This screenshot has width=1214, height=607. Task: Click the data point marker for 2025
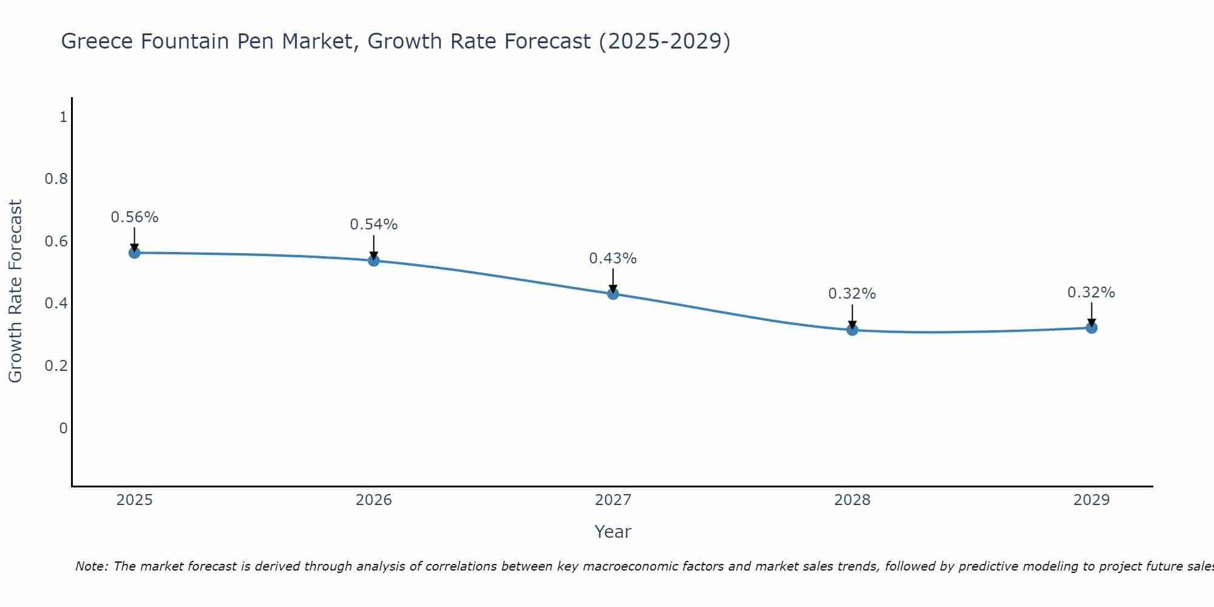click(x=135, y=253)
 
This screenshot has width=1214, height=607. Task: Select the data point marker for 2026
click(x=374, y=260)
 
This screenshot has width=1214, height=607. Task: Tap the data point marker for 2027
click(x=613, y=294)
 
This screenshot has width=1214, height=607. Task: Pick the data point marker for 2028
click(x=852, y=330)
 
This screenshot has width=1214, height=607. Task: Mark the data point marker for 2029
click(x=1091, y=328)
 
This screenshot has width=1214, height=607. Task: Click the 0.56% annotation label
click(x=135, y=217)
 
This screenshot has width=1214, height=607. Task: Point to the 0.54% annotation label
click(x=374, y=225)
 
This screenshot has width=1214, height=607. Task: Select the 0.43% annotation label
click(x=613, y=259)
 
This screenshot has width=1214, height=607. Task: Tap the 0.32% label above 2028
click(x=852, y=294)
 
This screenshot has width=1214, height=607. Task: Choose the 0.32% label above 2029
click(x=1091, y=293)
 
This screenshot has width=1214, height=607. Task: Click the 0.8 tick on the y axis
click(x=56, y=179)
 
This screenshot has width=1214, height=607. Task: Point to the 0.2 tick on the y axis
click(x=56, y=366)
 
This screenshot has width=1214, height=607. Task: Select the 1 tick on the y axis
click(x=63, y=117)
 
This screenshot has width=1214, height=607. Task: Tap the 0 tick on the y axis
click(x=63, y=429)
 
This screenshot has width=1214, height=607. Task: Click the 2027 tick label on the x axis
click(x=613, y=500)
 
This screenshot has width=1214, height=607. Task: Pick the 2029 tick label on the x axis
click(x=1091, y=500)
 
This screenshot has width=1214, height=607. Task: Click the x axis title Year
click(x=613, y=532)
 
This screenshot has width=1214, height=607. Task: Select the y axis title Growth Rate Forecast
click(x=15, y=291)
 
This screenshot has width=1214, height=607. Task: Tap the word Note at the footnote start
click(x=91, y=566)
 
